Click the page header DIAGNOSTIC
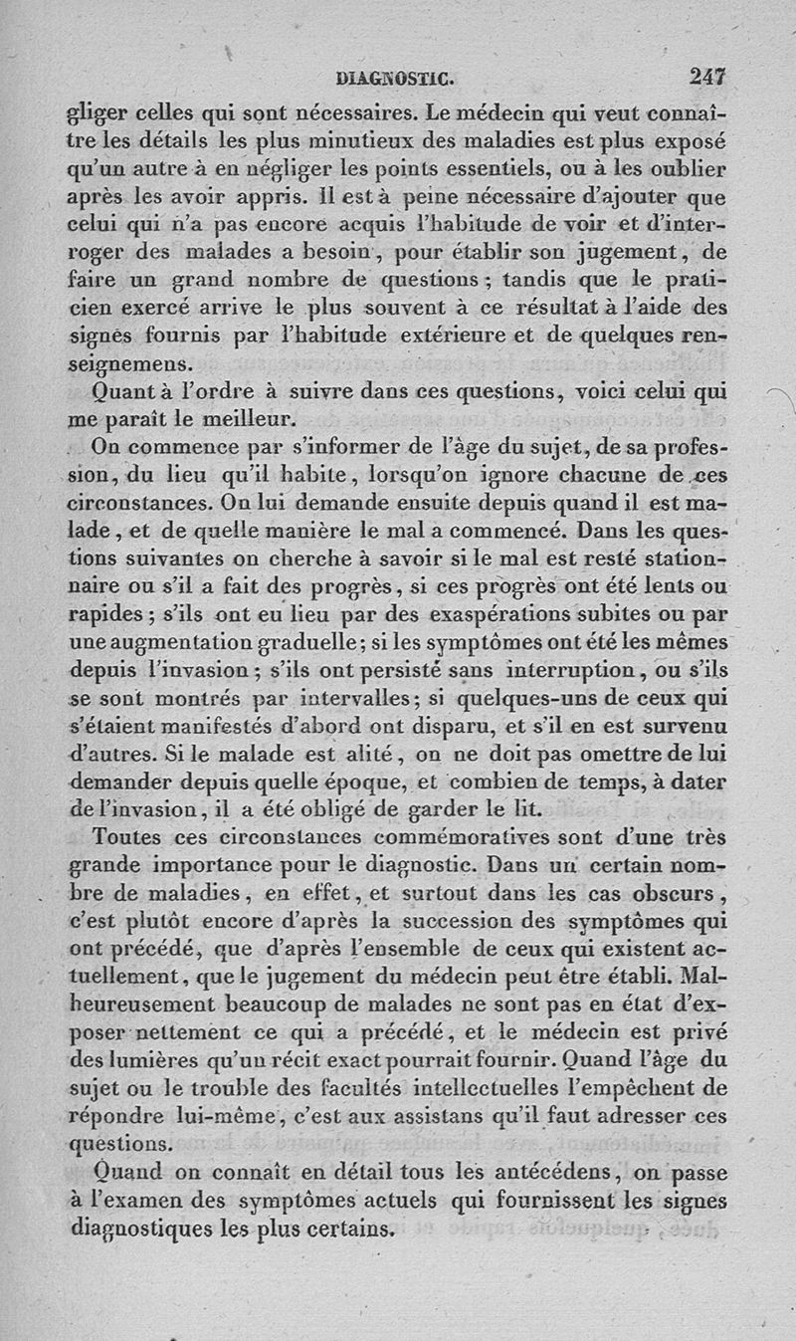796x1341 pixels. (x=395, y=75)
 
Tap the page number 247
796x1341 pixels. (x=707, y=74)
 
